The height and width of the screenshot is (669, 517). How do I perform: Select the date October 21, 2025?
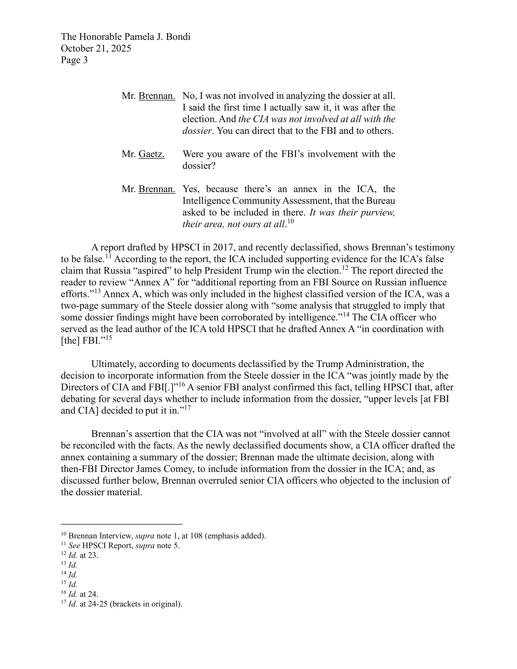click(x=96, y=48)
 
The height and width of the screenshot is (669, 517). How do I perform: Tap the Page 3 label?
click(x=74, y=60)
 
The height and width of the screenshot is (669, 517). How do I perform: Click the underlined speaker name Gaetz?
click(x=151, y=154)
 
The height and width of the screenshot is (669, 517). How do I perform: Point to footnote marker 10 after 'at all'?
click(x=291, y=221)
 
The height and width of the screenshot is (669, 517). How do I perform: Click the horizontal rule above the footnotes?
click(x=122, y=524)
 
